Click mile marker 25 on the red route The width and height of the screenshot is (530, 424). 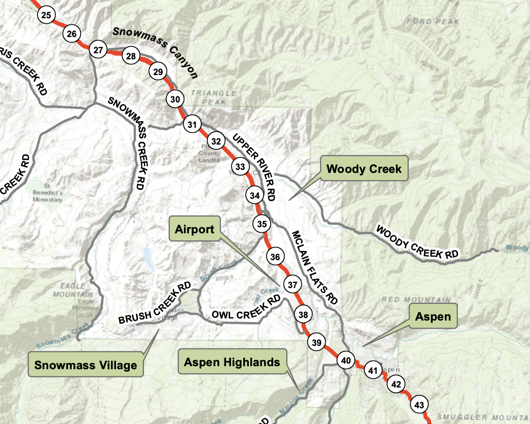coord(46,15)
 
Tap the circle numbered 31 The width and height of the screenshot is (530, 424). coord(192,124)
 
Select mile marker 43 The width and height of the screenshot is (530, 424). coord(419,405)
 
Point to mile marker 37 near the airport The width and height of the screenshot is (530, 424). coord(292,285)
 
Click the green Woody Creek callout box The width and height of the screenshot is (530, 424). coord(364,169)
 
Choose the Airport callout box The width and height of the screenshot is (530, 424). coord(195,229)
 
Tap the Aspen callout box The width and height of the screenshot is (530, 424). coord(432,316)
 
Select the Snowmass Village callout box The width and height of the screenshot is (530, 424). coord(86,365)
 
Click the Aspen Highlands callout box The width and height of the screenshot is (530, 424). coord(232,362)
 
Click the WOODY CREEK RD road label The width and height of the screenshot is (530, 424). coord(417,243)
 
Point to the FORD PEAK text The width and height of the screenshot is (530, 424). coord(432,22)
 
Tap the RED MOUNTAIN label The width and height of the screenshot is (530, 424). coord(415,300)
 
